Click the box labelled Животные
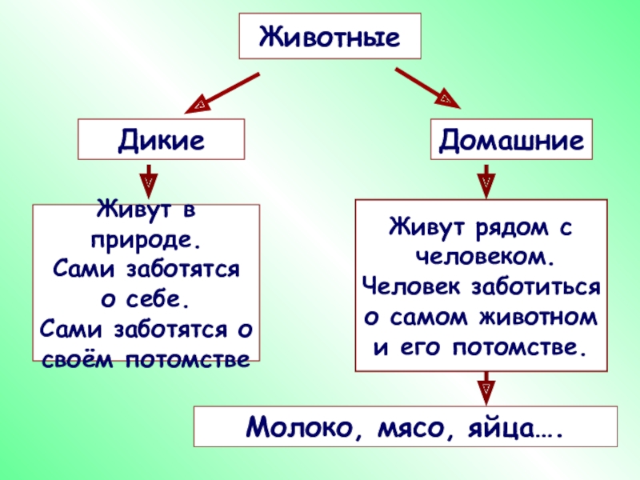[330, 37]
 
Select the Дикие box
[160, 140]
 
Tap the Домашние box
[512, 141]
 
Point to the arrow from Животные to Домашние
[427, 88]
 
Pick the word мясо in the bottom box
[405, 426]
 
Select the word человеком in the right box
[484, 257]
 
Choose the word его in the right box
[422, 347]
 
